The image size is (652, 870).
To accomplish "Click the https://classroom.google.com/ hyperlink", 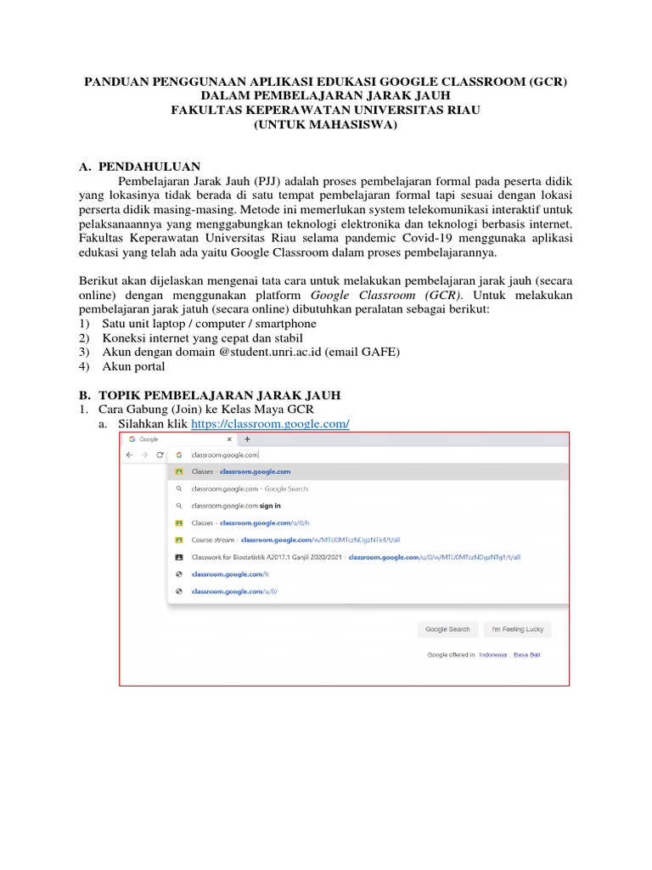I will (x=270, y=424).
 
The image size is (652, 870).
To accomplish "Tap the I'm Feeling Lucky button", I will (x=517, y=630).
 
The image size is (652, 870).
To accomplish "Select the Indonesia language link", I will (x=492, y=655).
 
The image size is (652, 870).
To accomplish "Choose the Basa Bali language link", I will (x=526, y=655).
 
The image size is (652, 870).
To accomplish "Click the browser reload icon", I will (x=160, y=455).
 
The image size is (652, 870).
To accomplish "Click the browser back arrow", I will (x=129, y=455).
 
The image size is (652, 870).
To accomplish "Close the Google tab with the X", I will (x=228, y=439).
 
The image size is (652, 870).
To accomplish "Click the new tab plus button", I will (x=247, y=439).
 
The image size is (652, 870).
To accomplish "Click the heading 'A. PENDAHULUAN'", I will (x=140, y=167).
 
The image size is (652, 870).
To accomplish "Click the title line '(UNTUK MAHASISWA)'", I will (x=325, y=125).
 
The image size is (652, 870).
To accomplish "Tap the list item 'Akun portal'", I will (x=133, y=366).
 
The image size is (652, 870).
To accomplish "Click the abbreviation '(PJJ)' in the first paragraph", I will (x=267, y=181).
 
